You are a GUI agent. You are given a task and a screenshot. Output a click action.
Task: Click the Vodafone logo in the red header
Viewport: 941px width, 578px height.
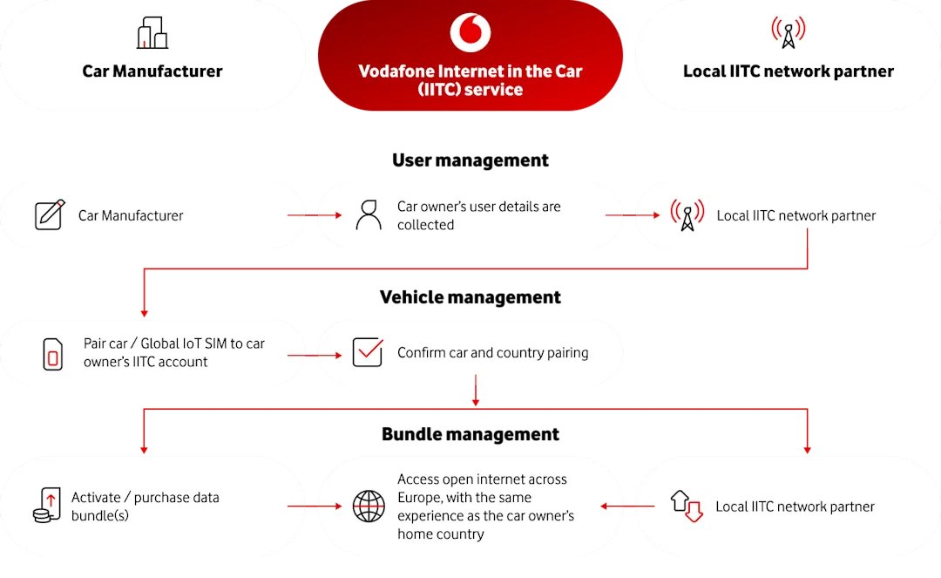pyautogui.click(x=470, y=33)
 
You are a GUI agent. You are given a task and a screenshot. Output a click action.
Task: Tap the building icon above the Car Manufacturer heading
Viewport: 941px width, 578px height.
pyautogui.click(x=152, y=33)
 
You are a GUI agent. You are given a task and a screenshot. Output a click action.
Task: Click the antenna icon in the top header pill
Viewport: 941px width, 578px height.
pyautogui.click(x=788, y=33)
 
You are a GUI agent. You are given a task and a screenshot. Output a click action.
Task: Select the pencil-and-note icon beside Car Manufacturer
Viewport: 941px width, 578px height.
pyautogui.click(x=50, y=215)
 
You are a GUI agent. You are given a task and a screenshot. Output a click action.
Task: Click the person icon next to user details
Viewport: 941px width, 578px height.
pyautogui.click(x=369, y=215)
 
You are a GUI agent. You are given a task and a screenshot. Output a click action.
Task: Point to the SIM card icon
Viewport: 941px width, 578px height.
pyautogui.click(x=52, y=353)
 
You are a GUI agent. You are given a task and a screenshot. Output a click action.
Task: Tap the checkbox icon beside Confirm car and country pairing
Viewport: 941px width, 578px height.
pyautogui.click(x=368, y=352)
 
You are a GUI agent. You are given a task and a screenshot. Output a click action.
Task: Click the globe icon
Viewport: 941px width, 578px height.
pyautogui.click(x=369, y=506)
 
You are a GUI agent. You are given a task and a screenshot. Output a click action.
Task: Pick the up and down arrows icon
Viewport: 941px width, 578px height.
pyautogui.click(x=686, y=506)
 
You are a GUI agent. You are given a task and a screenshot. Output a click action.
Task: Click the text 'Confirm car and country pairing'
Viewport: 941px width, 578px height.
pyautogui.click(x=492, y=353)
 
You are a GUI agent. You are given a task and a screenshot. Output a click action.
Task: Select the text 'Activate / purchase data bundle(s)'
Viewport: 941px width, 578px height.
pyautogui.click(x=145, y=506)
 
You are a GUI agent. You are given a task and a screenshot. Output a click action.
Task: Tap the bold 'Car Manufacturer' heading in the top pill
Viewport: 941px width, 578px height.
pyautogui.click(x=152, y=71)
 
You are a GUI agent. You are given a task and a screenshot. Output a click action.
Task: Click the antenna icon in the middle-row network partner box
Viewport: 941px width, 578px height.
pyautogui.click(x=687, y=215)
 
